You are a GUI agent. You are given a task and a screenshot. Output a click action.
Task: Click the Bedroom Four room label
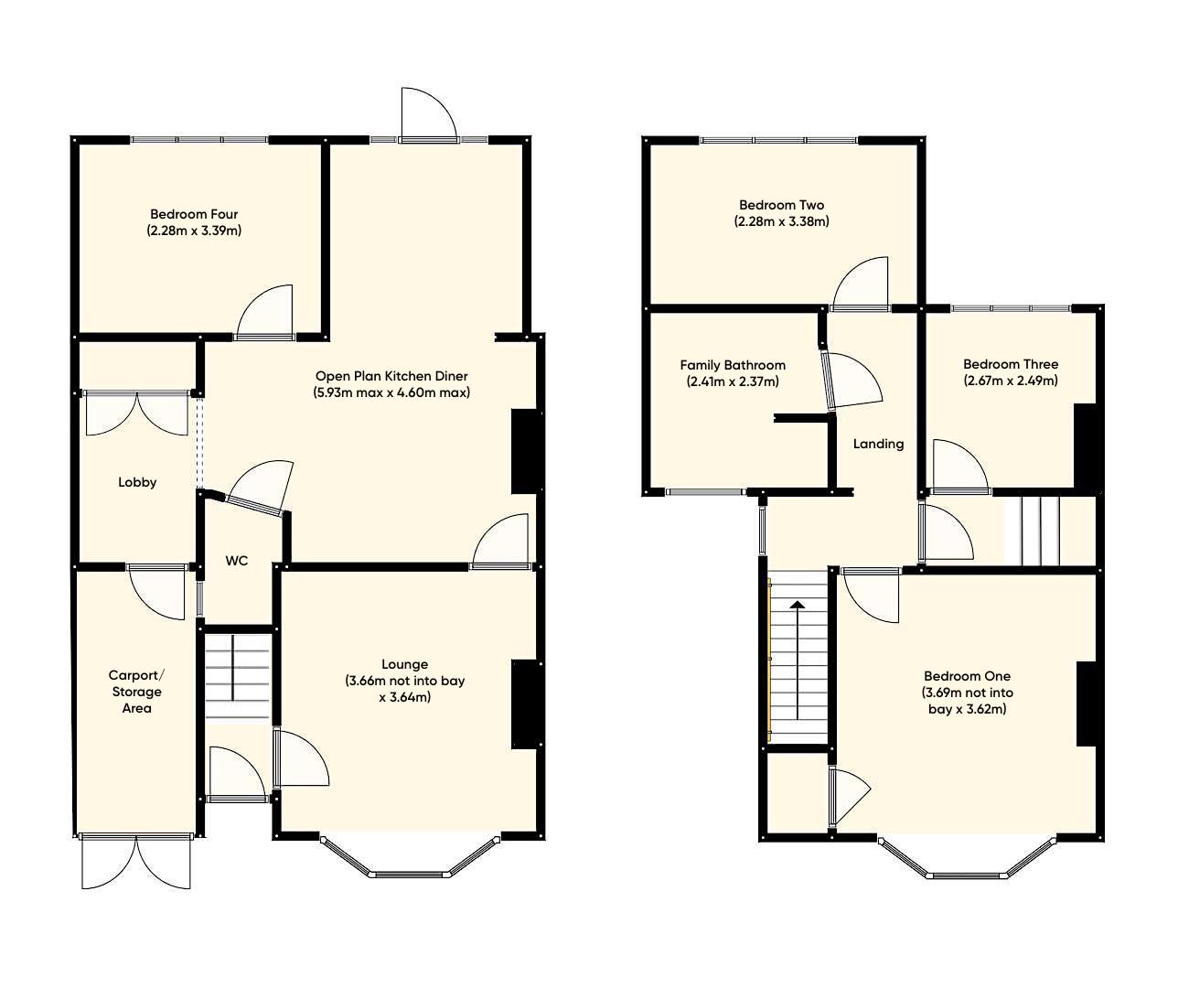(193, 214)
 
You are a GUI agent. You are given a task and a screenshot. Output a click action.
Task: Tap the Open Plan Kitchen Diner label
(391, 376)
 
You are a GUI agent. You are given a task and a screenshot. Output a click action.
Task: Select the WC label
(236, 561)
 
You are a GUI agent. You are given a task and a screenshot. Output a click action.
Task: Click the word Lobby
(137, 482)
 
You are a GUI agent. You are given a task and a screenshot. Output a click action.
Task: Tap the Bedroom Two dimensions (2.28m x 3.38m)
(781, 221)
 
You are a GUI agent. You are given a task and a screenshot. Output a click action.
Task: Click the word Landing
(878, 444)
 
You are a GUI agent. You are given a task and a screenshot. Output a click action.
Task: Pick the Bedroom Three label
(1010, 364)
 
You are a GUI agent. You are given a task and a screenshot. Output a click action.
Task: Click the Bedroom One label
(967, 676)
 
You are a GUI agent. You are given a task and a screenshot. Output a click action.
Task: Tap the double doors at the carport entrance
(136, 862)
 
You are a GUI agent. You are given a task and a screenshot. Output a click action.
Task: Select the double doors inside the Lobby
(137, 413)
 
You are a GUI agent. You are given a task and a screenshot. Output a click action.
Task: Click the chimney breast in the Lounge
(523, 704)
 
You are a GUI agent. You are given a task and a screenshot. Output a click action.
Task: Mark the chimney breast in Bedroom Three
(1084, 446)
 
